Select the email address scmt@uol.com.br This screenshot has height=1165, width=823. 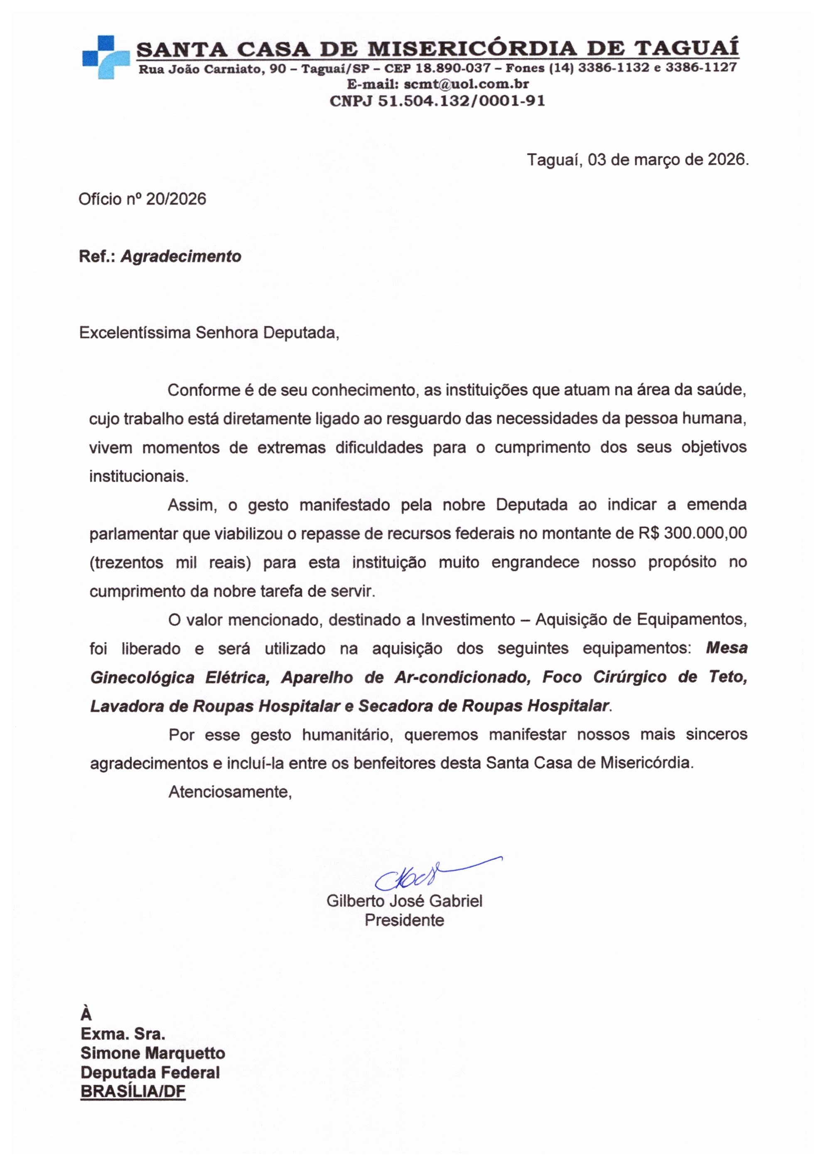(467, 84)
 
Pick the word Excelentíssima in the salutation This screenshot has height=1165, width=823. (135, 333)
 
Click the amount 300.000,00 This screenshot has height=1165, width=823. (705, 533)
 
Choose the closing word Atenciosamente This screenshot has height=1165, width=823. (230, 792)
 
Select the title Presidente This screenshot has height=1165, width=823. (404, 920)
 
